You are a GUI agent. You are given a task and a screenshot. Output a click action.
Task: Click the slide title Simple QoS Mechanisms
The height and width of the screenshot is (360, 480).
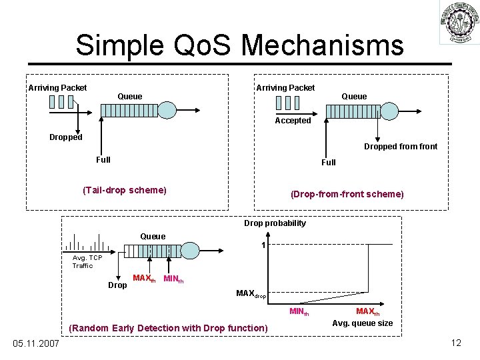(239, 45)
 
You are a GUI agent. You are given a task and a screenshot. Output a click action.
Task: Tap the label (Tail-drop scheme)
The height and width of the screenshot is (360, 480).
(124, 190)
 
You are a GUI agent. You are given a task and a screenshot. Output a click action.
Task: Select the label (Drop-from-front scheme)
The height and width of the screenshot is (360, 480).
(347, 194)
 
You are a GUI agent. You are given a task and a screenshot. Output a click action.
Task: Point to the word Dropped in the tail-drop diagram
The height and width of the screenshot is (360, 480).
(65, 137)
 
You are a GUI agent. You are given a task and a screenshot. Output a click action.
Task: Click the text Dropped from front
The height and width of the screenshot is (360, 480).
(401, 147)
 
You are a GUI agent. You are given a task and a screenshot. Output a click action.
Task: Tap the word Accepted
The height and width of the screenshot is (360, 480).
(293, 121)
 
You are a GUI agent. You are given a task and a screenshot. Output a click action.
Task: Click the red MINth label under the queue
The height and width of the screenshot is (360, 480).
(173, 279)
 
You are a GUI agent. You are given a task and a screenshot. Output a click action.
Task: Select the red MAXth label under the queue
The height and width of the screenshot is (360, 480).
(144, 278)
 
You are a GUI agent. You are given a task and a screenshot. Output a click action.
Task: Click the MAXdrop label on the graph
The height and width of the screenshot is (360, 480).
(251, 293)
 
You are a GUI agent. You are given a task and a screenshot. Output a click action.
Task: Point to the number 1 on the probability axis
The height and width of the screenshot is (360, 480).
(264, 246)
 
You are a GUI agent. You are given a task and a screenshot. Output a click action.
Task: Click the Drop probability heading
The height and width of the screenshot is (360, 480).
(275, 223)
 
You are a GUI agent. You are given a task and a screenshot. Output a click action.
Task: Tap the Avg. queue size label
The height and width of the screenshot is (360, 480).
(362, 323)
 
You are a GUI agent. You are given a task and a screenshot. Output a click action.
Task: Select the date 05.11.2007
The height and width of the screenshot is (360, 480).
(35, 343)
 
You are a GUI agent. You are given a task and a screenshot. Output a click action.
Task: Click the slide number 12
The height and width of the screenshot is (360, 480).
(456, 343)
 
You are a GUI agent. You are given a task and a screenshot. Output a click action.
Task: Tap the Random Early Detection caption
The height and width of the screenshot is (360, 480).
(168, 328)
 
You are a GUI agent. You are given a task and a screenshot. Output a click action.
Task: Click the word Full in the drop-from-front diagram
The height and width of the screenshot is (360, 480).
(329, 162)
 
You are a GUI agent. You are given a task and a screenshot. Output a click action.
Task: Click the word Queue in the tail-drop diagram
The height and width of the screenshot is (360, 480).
(129, 97)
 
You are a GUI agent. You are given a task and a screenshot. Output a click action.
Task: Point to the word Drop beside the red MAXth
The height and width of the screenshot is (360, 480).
(117, 285)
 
